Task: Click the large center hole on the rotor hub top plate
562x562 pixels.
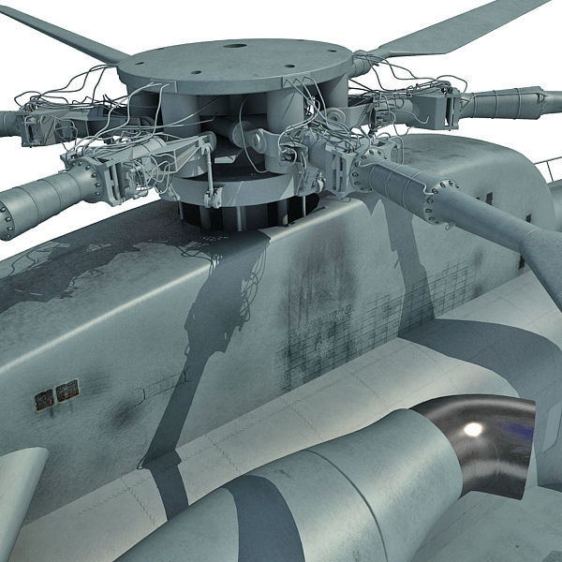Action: point(234,44)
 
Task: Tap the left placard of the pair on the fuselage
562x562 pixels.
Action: point(44,400)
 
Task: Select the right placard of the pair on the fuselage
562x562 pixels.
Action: point(66,392)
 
